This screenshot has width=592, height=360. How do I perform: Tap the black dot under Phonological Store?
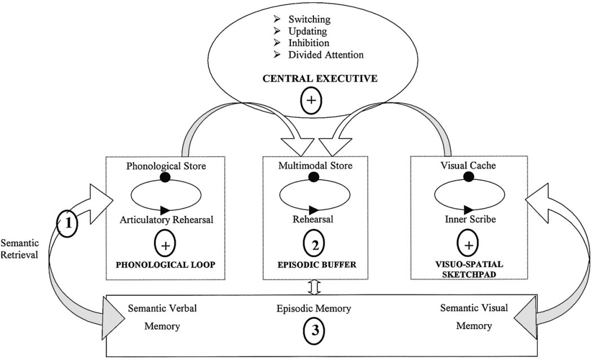(x=165, y=177)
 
